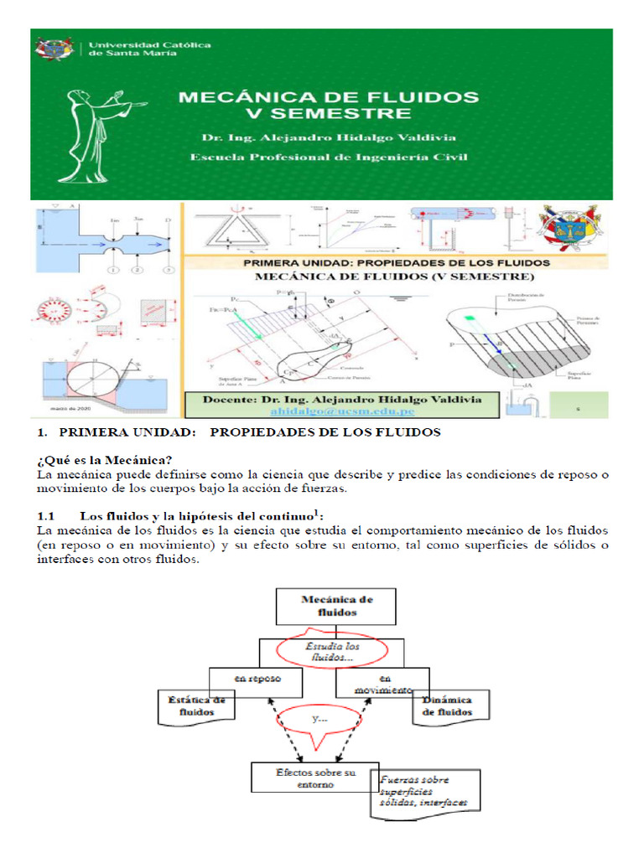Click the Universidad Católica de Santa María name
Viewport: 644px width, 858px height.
coord(149,49)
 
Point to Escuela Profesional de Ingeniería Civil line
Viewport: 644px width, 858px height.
coord(328,157)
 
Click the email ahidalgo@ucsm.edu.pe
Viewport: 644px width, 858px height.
coord(343,411)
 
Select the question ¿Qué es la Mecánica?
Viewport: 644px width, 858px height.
coord(105,459)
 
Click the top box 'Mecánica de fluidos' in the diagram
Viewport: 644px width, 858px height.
coord(336,606)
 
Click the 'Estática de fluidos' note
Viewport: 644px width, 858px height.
coord(195,706)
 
